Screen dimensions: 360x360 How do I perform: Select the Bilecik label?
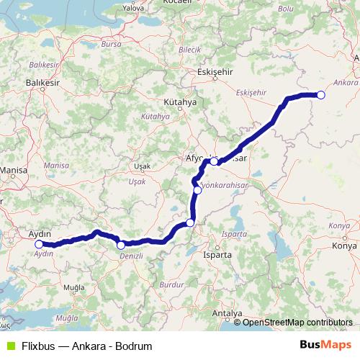[x=189, y=49]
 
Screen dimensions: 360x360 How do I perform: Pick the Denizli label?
[x=132, y=256]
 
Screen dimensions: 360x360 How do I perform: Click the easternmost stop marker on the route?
[x=321, y=95]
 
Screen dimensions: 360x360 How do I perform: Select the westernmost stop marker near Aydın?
[x=39, y=245]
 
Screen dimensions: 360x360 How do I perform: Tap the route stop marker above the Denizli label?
[x=120, y=246]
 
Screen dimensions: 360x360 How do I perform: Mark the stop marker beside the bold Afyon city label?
[x=215, y=161]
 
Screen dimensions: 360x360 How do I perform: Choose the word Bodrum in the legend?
[x=135, y=346]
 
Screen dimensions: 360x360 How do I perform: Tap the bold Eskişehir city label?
[x=214, y=72]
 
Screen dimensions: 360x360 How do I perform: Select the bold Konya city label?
[x=344, y=246]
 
